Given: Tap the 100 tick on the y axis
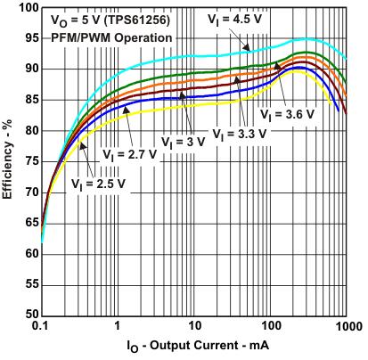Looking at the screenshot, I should (27, 7).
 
